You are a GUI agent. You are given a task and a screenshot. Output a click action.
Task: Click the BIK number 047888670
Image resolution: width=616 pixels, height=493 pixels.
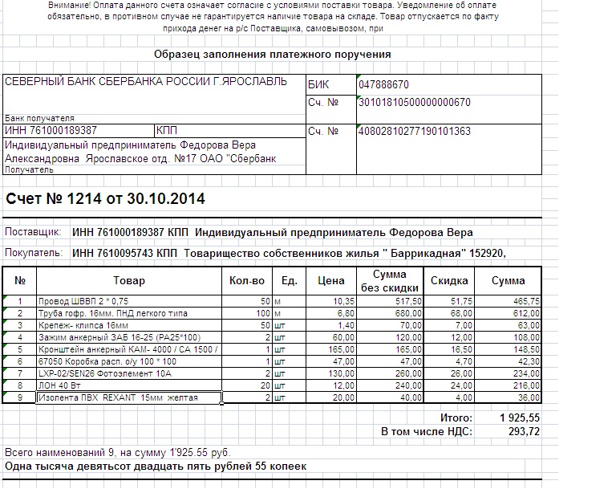pyautogui.click(x=384, y=84)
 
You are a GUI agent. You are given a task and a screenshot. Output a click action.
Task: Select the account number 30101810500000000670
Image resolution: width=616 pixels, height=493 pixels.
pyautogui.click(x=414, y=102)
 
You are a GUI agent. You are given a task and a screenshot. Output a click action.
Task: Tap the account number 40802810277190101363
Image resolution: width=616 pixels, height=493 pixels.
pyautogui.click(x=414, y=131)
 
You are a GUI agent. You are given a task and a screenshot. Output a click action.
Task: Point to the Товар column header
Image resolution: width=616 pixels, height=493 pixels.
pyautogui.click(x=128, y=281)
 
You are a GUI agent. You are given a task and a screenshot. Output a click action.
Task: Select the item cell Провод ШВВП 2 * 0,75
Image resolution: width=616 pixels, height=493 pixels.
pyautogui.click(x=77, y=300)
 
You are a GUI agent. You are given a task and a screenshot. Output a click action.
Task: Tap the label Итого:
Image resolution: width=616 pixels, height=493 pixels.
pyautogui.click(x=456, y=418)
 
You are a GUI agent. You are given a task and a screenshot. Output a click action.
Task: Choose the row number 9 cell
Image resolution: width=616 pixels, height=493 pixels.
pyautogui.click(x=20, y=398)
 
